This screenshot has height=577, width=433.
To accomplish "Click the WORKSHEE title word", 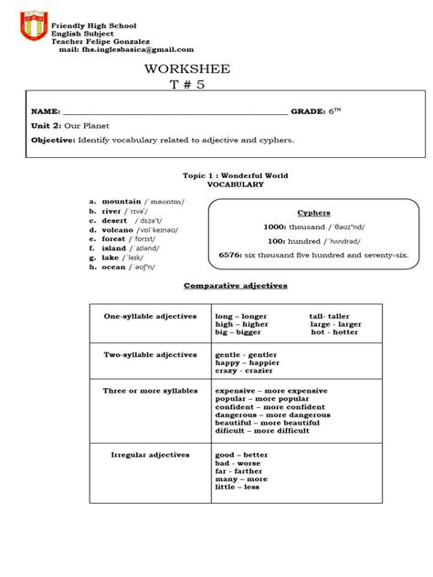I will (x=191, y=69).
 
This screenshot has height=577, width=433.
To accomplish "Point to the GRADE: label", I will (x=308, y=110).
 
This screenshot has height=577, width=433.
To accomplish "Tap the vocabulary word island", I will (x=113, y=247).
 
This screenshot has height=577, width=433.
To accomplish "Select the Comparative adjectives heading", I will (x=236, y=285).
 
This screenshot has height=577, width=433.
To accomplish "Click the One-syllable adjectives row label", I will (x=151, y=315).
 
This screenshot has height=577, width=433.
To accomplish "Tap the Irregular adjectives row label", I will (x=150, y=454).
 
